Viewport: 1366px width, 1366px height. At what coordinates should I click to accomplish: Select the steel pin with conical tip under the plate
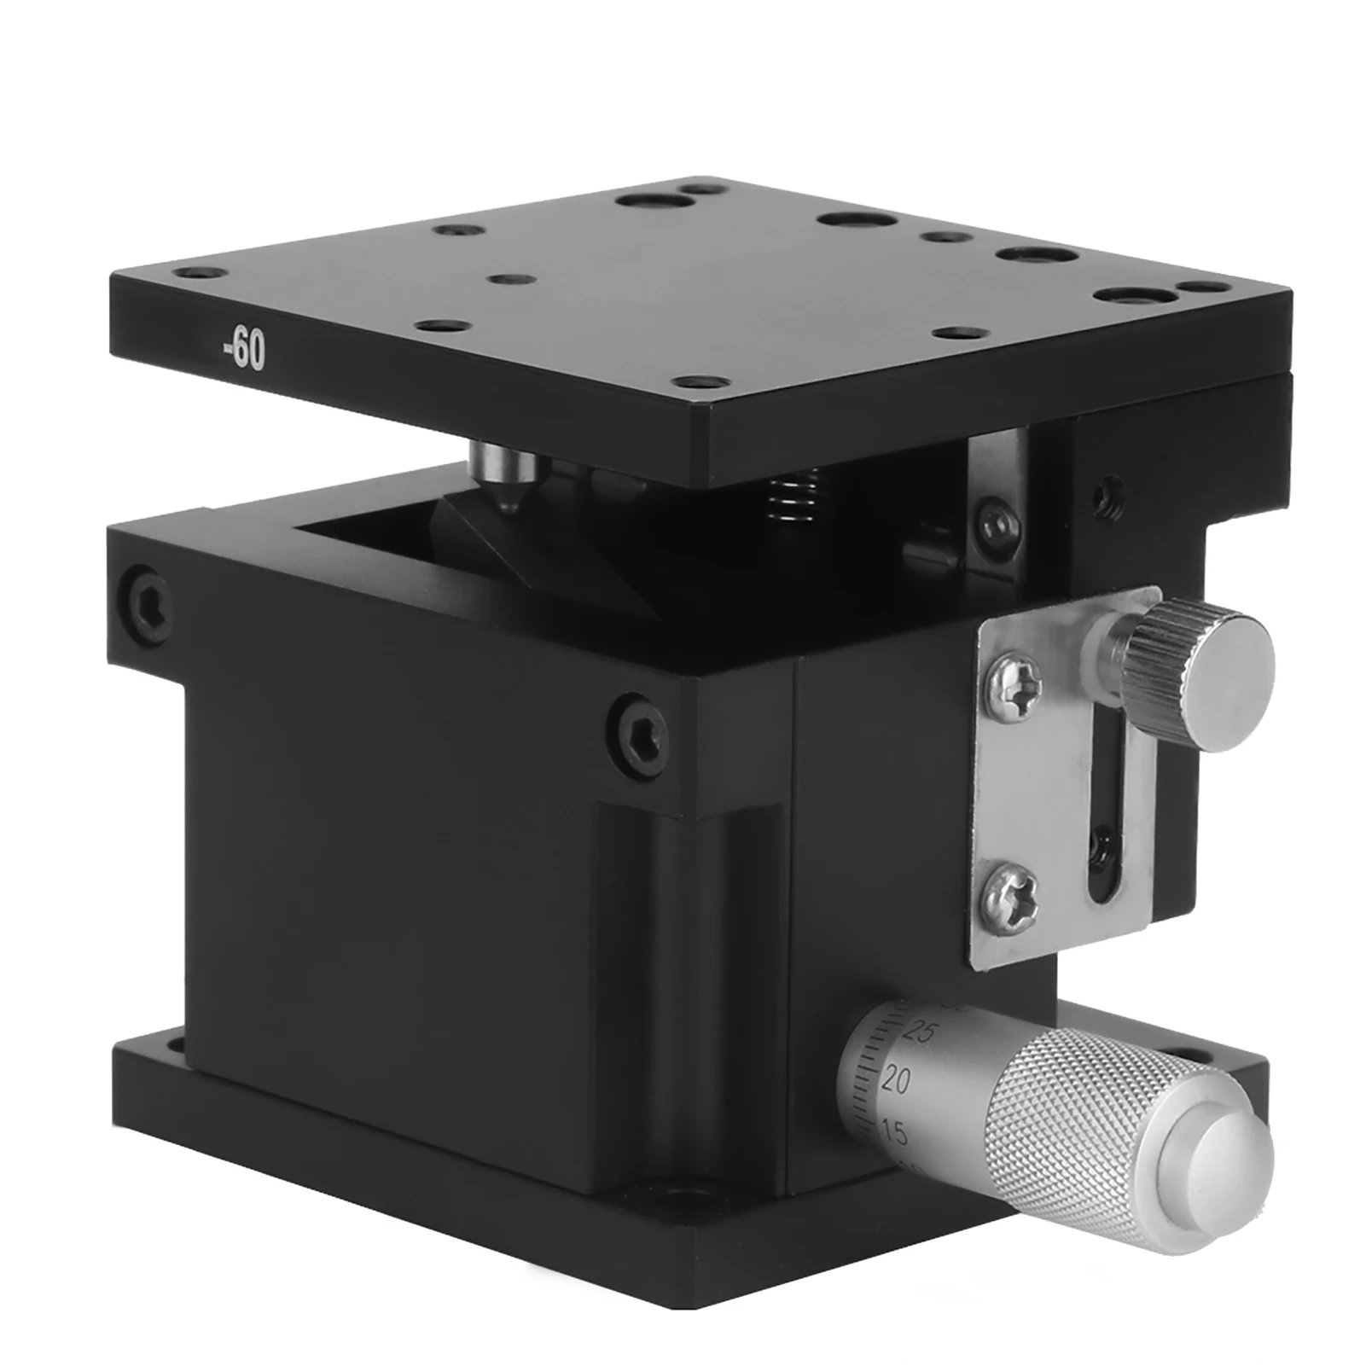click(503, 477)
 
